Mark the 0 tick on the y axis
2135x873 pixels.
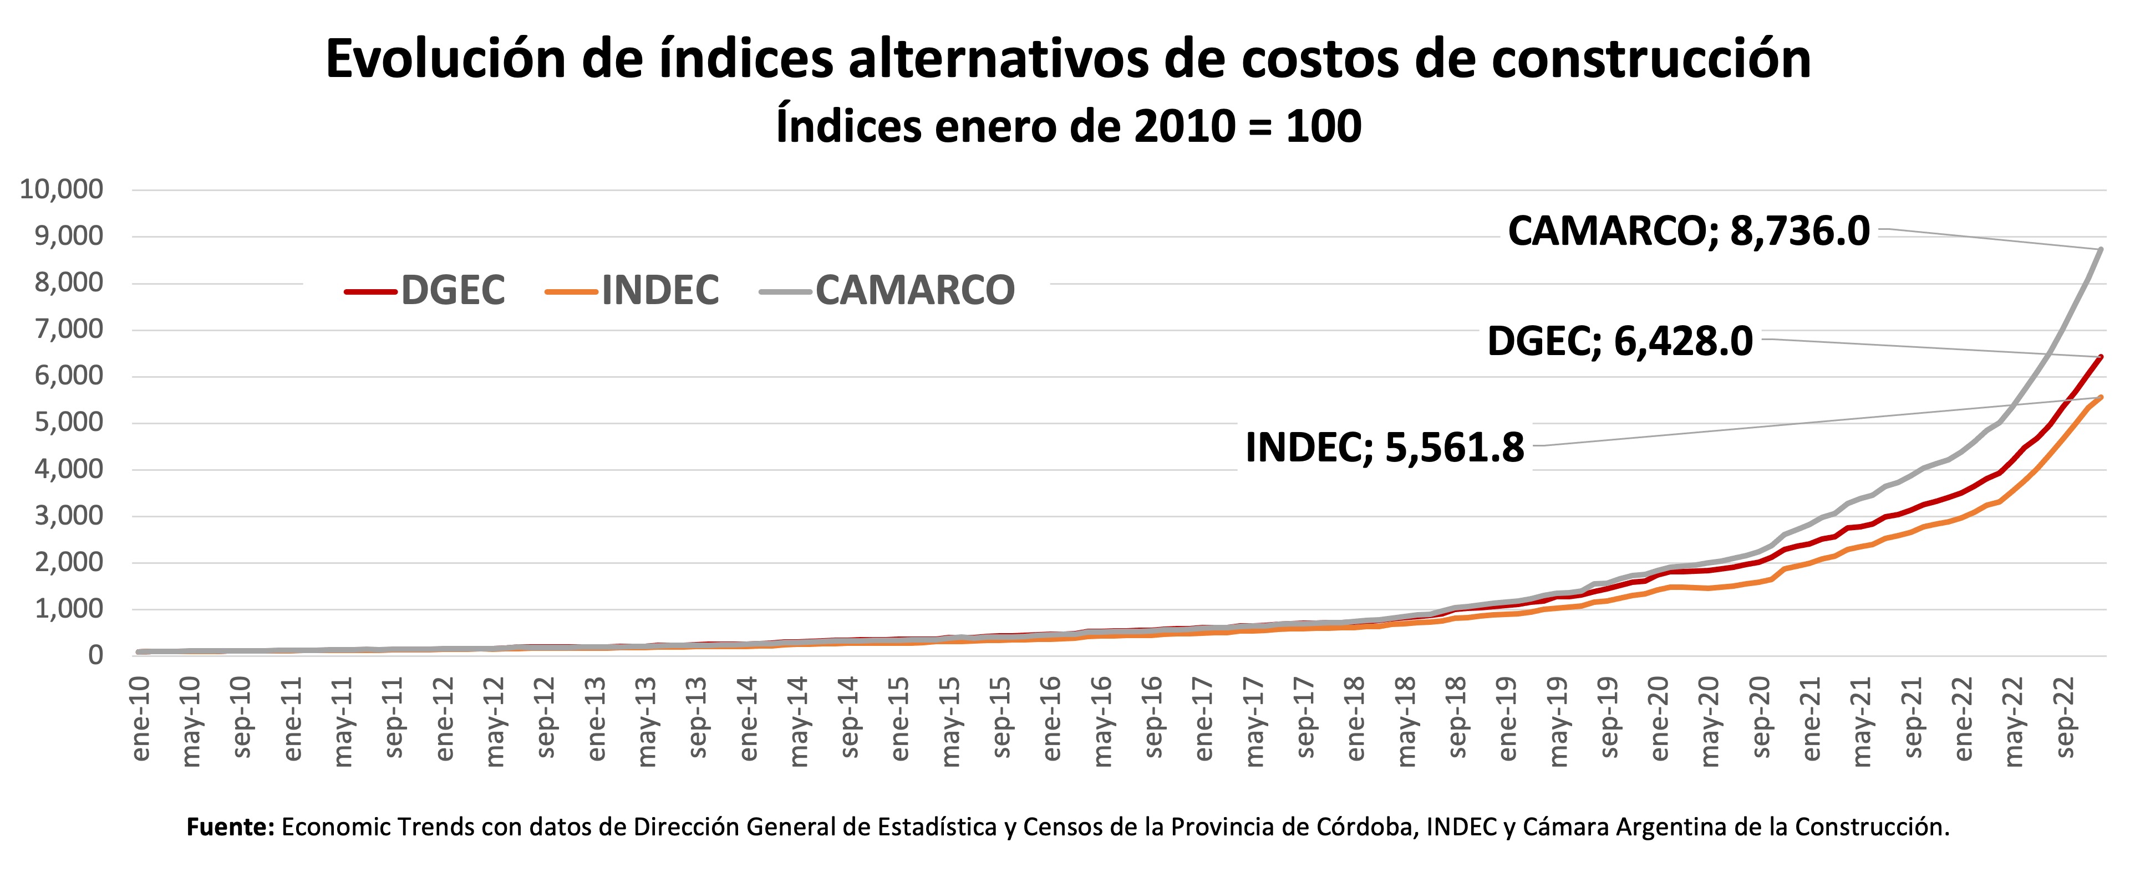pyautogui.click(x=95, y=656)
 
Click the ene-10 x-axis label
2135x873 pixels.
pyautogui.click(x=141, y=719)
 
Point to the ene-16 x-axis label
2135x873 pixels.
pyautogui.click(x=1052, y=719)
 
